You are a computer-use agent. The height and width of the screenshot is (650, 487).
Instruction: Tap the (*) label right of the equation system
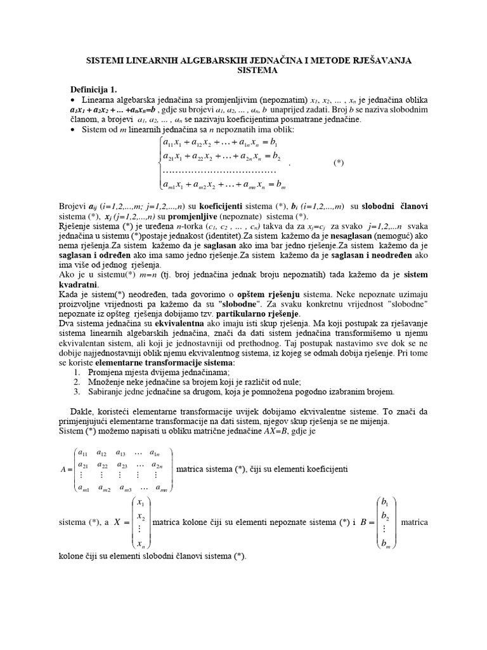tap(339, 162)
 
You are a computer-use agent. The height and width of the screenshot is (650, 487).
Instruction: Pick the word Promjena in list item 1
tap(108, 372)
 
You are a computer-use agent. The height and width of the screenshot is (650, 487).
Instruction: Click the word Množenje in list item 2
tap(109, 381)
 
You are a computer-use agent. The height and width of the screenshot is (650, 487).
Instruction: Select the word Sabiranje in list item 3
tap(109, 391)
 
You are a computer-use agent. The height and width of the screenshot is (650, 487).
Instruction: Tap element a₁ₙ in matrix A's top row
tap(154, 453)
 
